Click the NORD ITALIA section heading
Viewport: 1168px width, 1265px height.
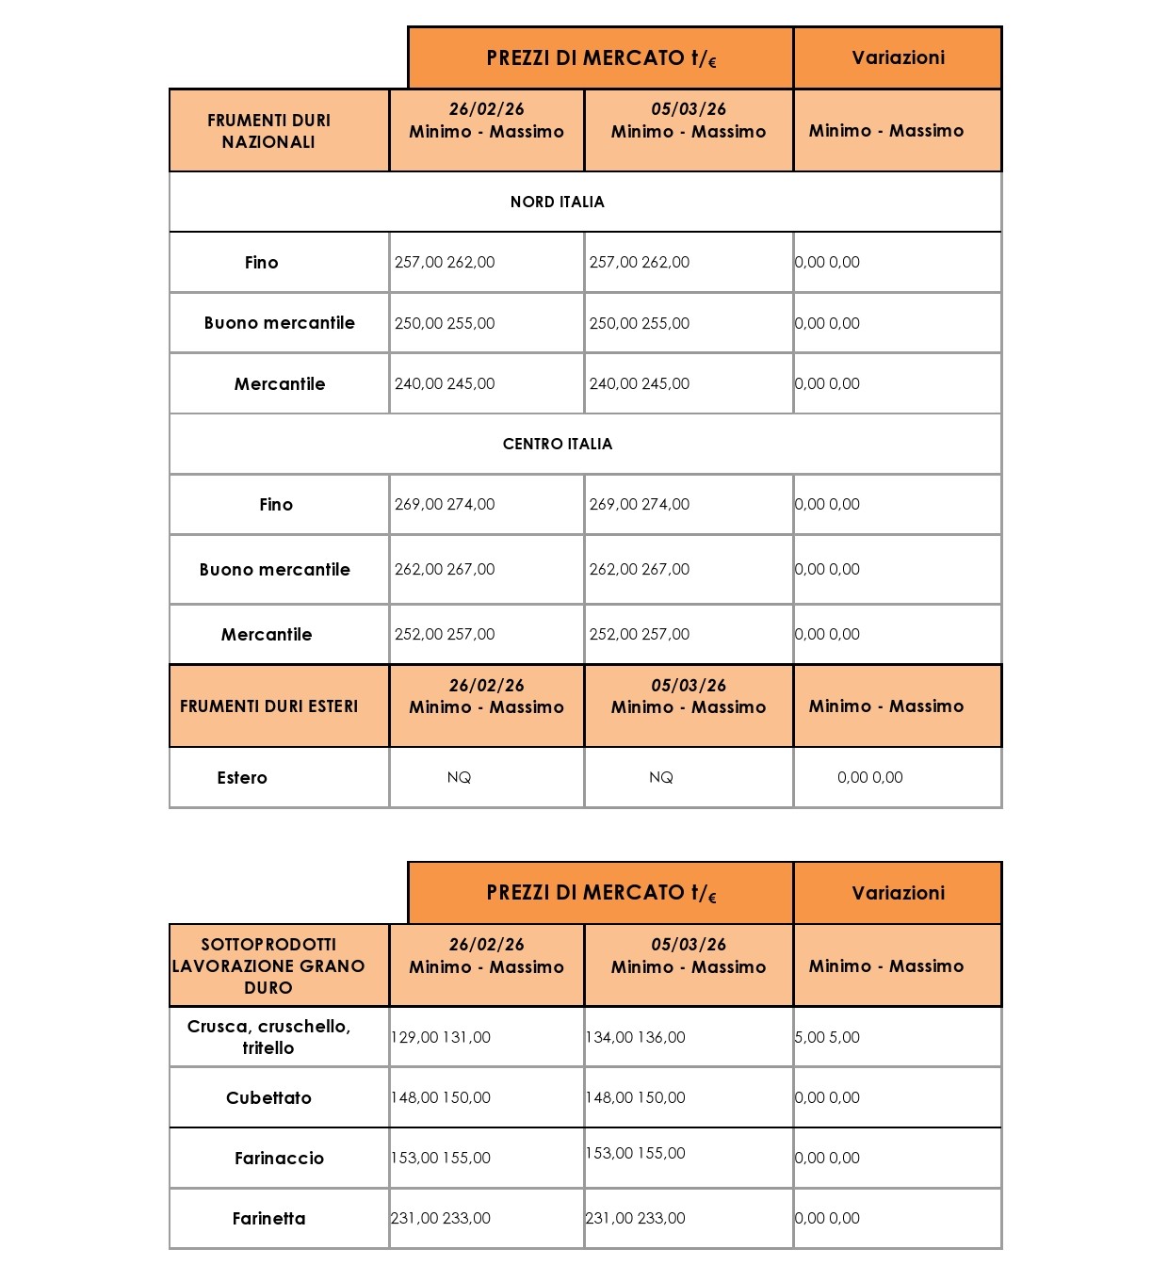[557, 202]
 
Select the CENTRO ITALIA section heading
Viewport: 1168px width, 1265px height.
[557, 444]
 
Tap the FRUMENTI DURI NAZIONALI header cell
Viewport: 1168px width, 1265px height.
[268, 131]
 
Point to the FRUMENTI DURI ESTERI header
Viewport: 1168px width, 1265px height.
[268, 706]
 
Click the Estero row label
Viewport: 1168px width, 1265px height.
[242, 778]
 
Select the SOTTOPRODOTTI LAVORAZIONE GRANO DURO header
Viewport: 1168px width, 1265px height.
[268, 965]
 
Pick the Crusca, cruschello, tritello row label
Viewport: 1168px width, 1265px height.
[268, 1037]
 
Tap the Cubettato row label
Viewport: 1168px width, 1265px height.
[268, 1097]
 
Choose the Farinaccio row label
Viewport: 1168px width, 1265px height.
[279, 1158]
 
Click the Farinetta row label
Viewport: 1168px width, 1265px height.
[268, 1218]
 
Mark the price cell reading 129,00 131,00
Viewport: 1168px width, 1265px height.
[441, 1037]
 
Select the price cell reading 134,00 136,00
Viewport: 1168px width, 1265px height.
[636, 1037]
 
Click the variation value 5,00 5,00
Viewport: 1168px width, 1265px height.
[827, 1037]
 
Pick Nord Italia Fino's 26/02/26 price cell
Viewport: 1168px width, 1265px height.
[445, 262]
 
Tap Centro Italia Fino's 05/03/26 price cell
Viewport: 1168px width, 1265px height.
[640, 504]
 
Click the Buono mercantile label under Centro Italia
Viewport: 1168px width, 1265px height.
[274, 569]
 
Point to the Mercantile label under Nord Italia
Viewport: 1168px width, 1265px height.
[279, 383]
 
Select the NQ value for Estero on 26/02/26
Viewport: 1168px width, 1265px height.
[459, 777]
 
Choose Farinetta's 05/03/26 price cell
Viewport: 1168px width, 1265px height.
[636, 1218]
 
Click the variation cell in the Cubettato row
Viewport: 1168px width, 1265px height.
[827, 1097]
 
